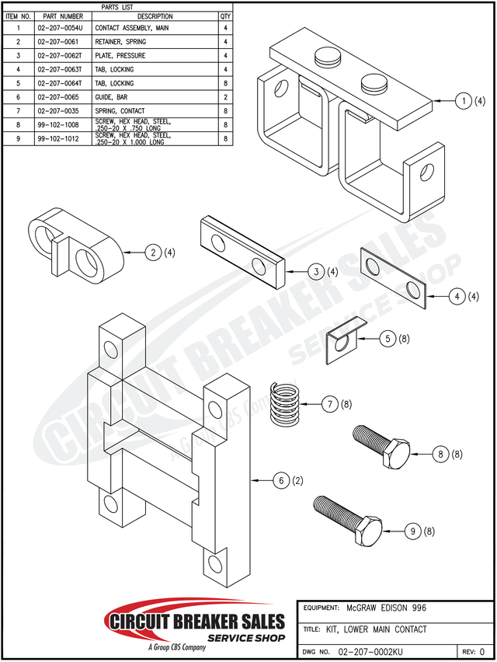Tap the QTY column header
225,16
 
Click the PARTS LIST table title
117,6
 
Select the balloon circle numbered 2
155,252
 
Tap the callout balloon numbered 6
281,481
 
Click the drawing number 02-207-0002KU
370,650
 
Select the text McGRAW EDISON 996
386,608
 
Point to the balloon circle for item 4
459,296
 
